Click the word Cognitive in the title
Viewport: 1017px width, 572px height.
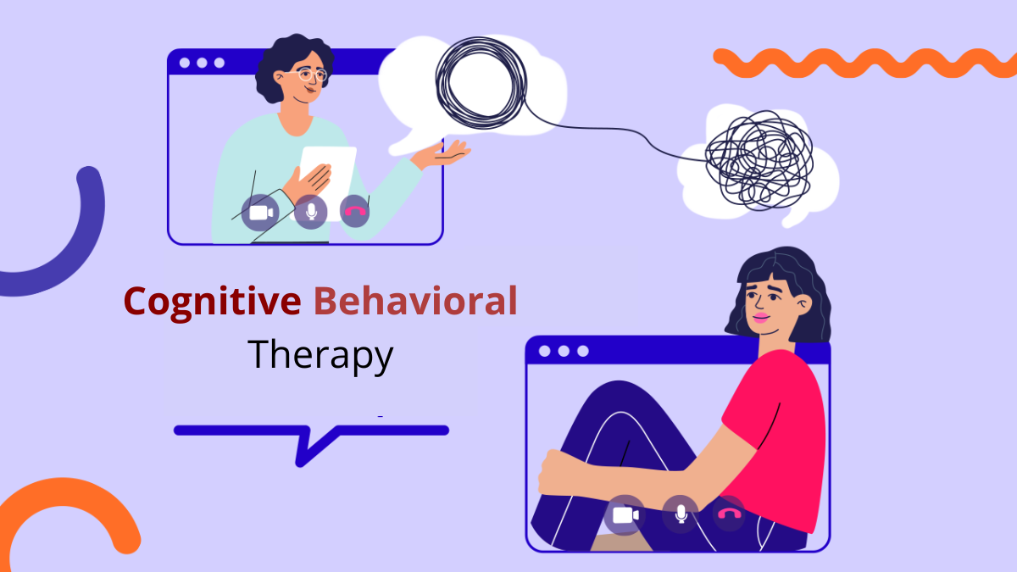pyautogui.click(x=212, y=302)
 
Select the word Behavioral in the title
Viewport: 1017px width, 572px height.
pyautogui.click(x=415, y=301)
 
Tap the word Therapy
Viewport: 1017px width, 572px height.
pyautogui.click(x=320, y=355)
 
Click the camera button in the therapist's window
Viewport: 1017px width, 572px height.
pyautogui.click(x=259, y=213)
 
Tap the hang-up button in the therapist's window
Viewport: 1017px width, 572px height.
pyautogui.click(x=354, y=212)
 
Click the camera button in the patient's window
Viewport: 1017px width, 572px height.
pyautogui.click(x=625, y=515)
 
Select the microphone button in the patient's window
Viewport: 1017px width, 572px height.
pyautogui.click(x=681, y=514)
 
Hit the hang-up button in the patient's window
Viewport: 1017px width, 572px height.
pyautogui.click(x=729, y=514)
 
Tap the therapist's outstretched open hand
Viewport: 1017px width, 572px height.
pyautogui.click(x=441, y=154)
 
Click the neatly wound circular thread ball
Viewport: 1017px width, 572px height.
pyautogui.click(x=481, y=84)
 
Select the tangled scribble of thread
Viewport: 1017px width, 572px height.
pyautogui.click(x=759, y=160)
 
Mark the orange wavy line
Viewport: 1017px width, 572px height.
pyautogui.click(x=865, y=63)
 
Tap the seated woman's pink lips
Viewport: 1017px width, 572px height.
pyautogui.click(x=761, y=317)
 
